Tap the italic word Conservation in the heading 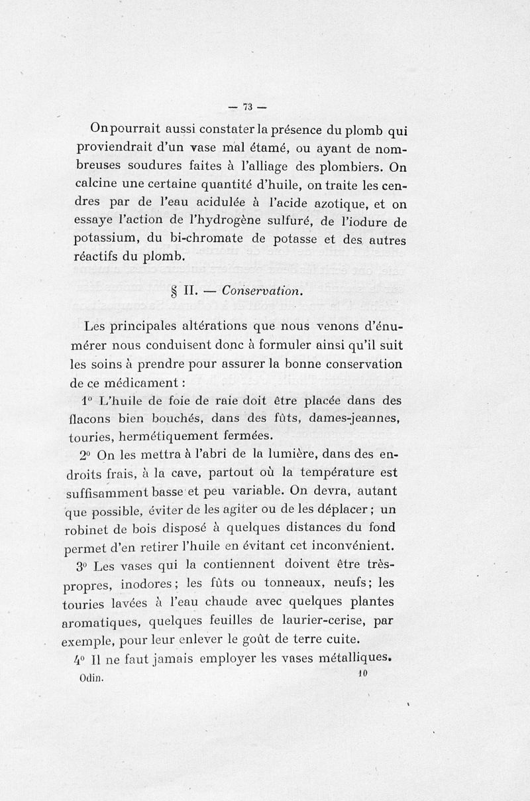(x=262, y=290)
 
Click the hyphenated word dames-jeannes (x=357, y=418)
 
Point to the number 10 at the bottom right (x=362, y=673)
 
